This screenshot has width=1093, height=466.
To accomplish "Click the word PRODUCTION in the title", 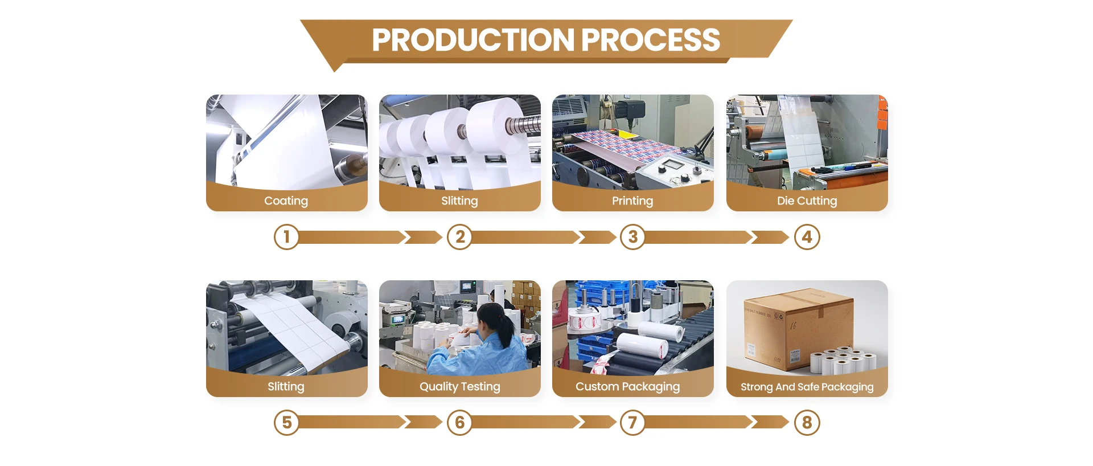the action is coord(473,40).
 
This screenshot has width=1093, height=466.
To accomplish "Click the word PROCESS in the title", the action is coord(651,40).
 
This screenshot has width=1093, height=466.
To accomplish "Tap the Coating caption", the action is coord(286,201).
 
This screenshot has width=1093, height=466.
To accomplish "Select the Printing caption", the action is coord(632,201).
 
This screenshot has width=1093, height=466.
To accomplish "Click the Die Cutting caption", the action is coord(807,201).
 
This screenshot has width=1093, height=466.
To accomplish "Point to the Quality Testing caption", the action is coord(459,386).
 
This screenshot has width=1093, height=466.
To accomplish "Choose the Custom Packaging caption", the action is coord(627,386).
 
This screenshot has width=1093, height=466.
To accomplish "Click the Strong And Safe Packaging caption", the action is coord(807,387).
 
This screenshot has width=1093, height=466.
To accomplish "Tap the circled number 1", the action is coord(286,237).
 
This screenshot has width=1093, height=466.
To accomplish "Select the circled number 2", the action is coord(460,237).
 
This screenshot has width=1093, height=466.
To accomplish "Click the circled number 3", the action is coord(632,237).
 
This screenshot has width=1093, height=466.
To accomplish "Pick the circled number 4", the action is coord(807,237).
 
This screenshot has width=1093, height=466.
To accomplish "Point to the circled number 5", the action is coord(286,423).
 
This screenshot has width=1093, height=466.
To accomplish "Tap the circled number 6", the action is coord(460,423).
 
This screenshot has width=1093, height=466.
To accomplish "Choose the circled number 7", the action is coord(632,423).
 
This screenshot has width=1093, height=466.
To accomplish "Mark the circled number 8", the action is coord(807,423).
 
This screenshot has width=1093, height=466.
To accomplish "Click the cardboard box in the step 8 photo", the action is coord(797,330).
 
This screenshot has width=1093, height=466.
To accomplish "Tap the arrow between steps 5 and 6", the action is coord(370,423).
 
